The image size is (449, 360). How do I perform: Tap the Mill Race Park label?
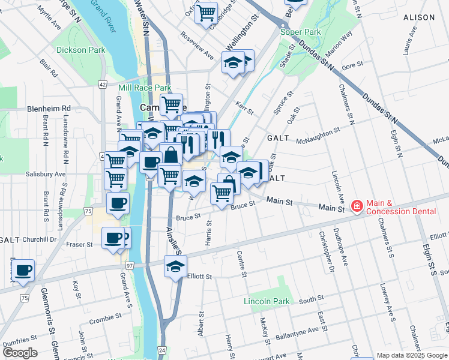coord(145,88)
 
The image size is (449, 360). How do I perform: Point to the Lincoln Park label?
coord(267,301)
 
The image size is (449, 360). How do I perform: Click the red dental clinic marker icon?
coord(357,207)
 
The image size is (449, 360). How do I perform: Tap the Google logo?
coord(20,353)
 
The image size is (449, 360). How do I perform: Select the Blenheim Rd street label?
coord(49,109)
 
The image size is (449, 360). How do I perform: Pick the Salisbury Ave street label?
coord(46,174)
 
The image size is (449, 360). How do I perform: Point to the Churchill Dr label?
coord(40,239)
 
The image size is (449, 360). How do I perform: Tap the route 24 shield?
coord(162,349)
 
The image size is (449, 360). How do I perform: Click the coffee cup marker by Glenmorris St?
coord(23,271)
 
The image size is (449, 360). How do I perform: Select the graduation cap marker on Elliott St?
coord(175,267)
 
